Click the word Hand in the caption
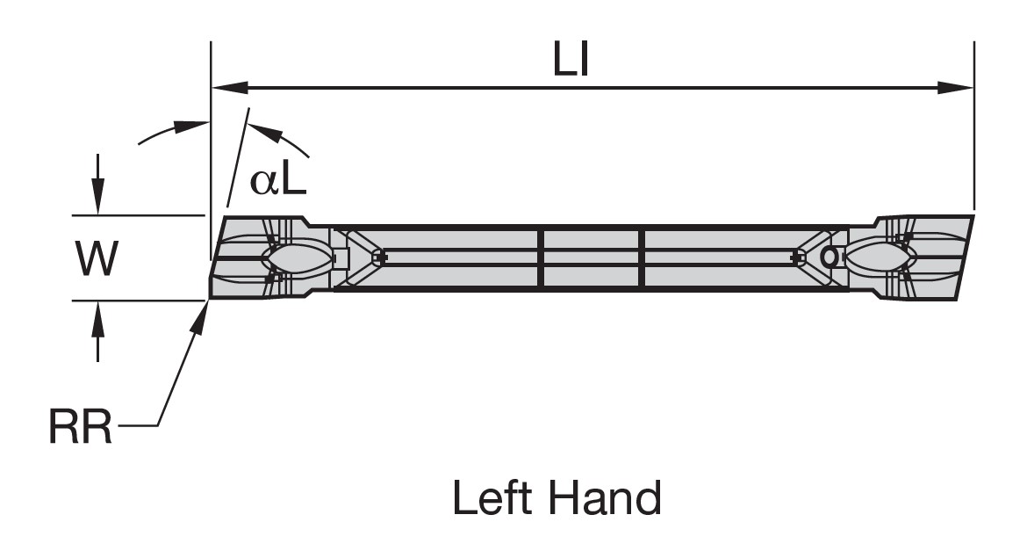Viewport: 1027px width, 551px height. click(606, 498)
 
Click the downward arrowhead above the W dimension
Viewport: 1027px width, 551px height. click(98, 200)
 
